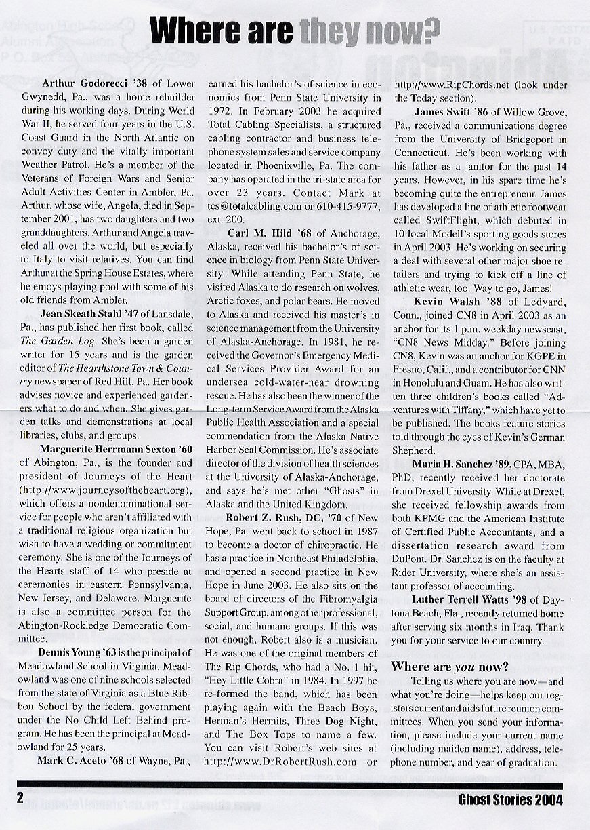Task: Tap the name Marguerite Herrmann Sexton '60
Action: [x=107, y=449]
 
